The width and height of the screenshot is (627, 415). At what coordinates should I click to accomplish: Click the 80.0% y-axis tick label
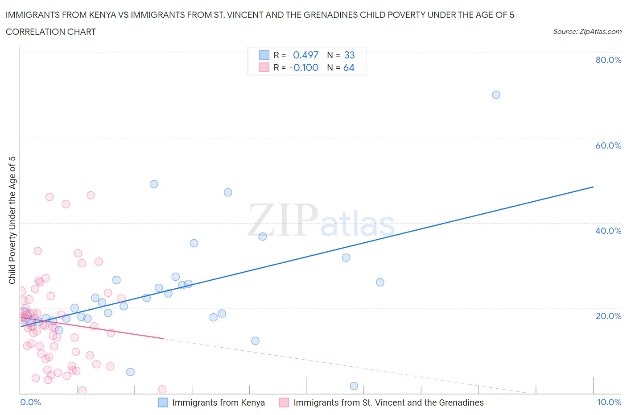[608, 60]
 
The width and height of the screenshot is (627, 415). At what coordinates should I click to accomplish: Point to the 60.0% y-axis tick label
[608, 145]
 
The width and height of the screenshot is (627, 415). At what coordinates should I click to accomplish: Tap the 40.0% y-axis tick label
[608, 231]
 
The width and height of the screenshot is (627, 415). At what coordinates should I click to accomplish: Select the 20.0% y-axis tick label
[608, 316]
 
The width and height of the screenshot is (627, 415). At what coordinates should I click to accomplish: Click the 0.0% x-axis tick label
[30, 402]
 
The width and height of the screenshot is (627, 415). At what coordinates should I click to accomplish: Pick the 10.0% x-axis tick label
[609, 402]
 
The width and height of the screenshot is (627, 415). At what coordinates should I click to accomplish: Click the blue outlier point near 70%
[496, 95]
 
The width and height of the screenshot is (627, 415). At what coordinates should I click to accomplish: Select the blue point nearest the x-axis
[354, 386]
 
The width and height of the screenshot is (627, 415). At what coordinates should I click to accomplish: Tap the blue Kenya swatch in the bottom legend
[163, 403]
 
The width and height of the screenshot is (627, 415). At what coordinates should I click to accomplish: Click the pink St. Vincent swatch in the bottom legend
[284, 403]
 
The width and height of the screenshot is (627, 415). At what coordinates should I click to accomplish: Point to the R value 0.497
[305, 55]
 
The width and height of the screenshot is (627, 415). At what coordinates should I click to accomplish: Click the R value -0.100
[304, 67]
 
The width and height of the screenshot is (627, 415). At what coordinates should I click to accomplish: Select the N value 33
[349, 55]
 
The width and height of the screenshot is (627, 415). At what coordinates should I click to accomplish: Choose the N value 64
[349, 67]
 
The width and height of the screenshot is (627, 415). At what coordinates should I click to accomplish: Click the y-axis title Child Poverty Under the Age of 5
[12, 220]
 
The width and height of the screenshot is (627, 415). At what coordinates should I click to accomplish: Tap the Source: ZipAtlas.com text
[587, 31]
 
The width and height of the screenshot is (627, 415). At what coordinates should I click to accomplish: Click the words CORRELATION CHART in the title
[51, 32]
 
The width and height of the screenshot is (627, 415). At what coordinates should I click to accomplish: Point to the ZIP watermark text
[283, 220]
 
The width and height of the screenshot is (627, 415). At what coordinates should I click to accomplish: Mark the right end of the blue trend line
[593, 187]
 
